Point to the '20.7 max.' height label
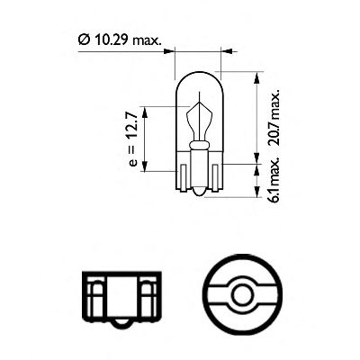(275, 117)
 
